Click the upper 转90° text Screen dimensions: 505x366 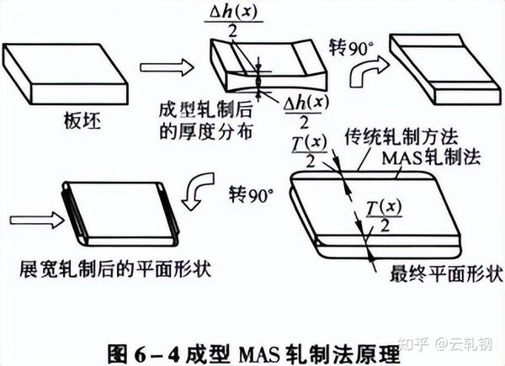(349, 47)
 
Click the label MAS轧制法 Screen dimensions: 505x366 (420, 157)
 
